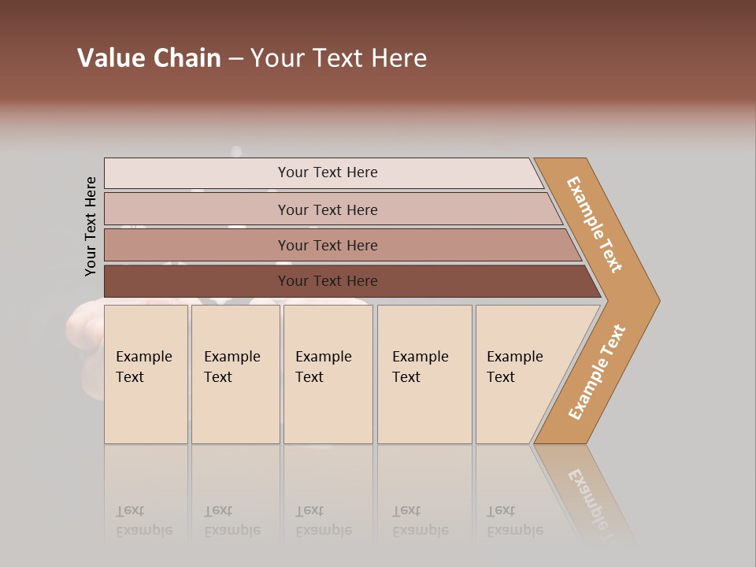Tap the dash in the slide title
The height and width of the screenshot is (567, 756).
tap(235, 59)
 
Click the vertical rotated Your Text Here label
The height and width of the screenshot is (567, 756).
tap(91, 226)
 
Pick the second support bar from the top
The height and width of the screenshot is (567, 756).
tap(327, 209)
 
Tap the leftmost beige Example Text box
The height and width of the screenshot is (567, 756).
tap(146, 374)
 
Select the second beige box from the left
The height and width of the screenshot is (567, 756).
tap(235, 374)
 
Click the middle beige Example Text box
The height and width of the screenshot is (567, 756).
tap(328, 374)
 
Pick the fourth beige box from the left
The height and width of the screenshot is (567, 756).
tap(424, 374)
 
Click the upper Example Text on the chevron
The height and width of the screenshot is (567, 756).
tap(595, 224)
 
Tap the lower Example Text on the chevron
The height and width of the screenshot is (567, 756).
tap(597, 372)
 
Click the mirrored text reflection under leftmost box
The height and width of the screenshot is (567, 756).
tap(143, 521)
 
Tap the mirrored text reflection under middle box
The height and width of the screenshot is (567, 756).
tap(323, 521)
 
